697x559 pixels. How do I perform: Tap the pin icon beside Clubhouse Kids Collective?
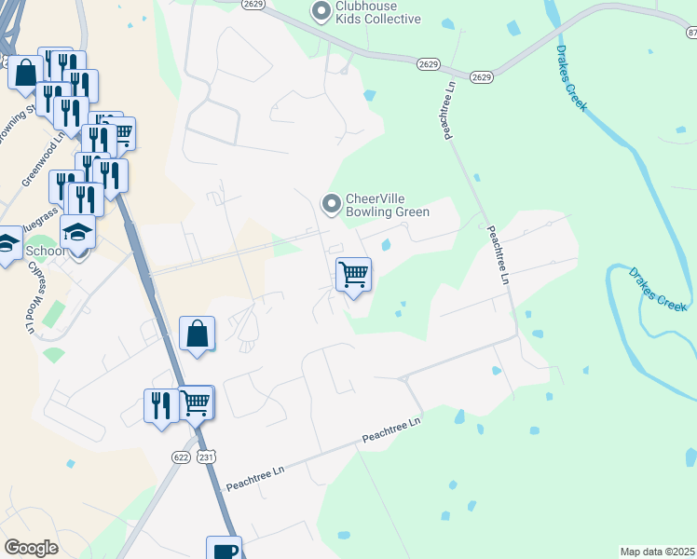(321, 12)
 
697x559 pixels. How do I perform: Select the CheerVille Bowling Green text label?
(388, 205)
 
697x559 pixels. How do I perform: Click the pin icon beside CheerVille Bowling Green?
(331, 203)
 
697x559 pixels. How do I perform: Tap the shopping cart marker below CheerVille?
(353, 276)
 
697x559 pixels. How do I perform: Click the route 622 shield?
(181, 457)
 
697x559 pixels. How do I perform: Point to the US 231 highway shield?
(206, 457)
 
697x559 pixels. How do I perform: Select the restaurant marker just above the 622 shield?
(161, 406)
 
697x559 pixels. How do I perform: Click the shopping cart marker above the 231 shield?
(196, 404)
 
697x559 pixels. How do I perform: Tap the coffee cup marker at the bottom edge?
(224, 550)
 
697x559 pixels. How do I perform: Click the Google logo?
(31, 548)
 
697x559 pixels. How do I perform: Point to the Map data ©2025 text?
(658, 552)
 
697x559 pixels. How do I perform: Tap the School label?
(45, 252)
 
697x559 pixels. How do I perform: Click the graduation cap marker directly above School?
(78, 232)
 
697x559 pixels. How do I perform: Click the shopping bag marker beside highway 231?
(198, 334)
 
